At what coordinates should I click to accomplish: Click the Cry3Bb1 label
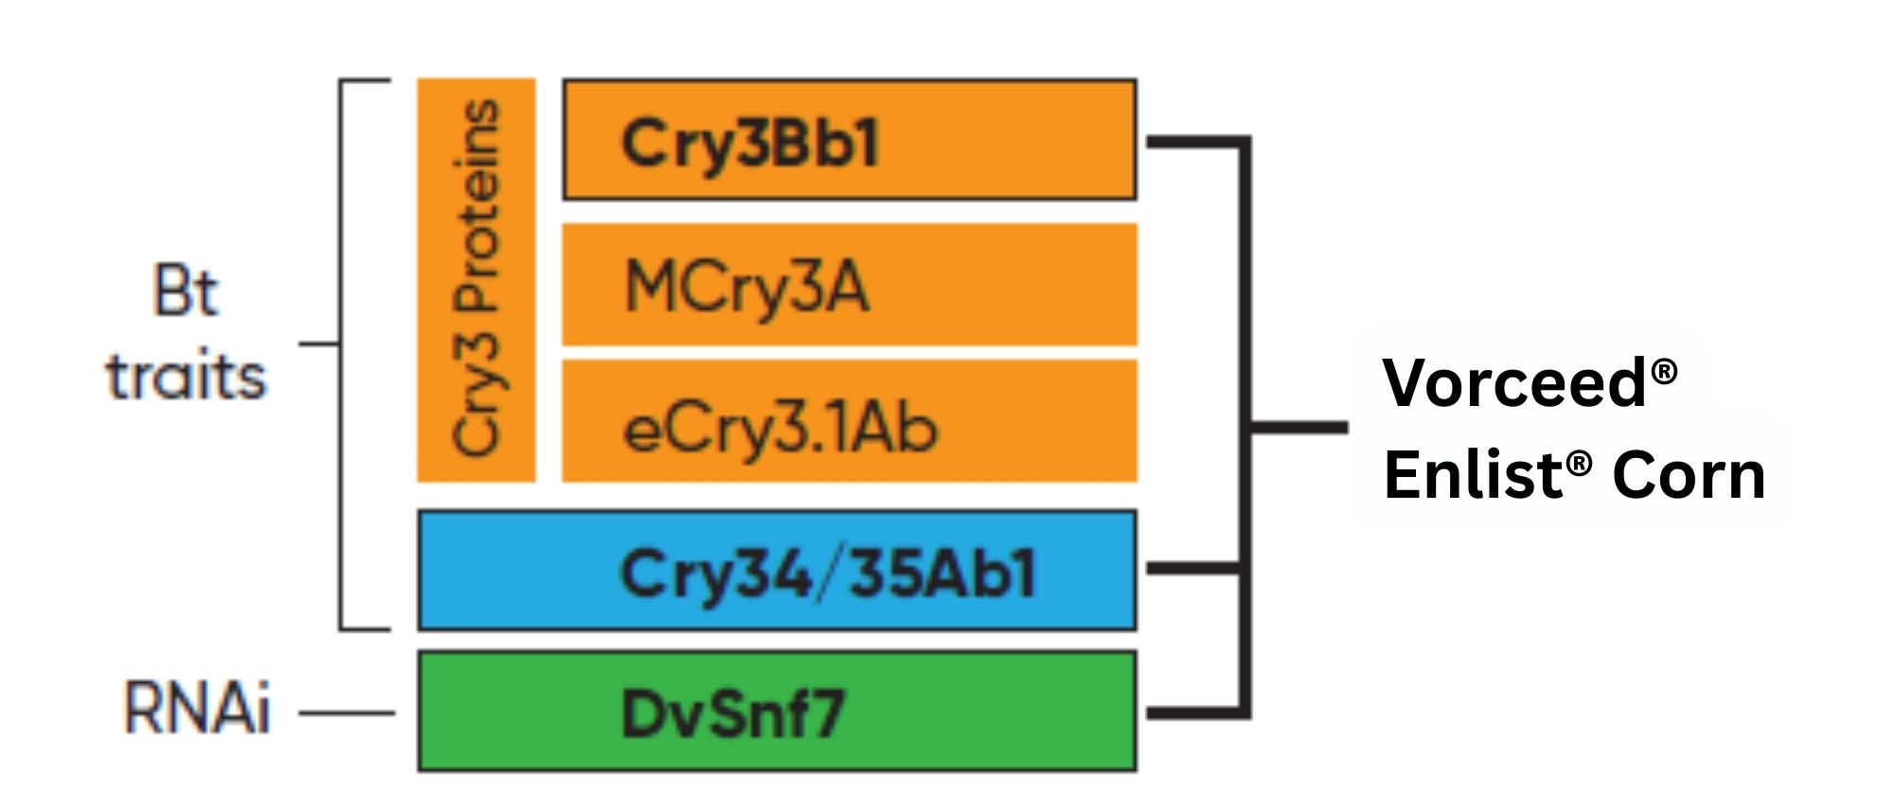click(750, 144)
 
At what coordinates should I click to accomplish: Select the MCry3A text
click(746, 287)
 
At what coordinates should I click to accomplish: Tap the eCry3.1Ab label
click(779, 429)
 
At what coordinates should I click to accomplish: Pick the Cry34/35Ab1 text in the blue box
click(827, 573)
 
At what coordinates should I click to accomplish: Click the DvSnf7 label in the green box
click(731, 714)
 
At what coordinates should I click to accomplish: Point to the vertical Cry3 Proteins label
click(476, 280)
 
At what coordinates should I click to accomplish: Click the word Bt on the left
click(186, 291)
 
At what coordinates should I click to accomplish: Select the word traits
click(186, 377)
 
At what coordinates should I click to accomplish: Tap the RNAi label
click(197, 709)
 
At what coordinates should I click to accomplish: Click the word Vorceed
click(1514, 382)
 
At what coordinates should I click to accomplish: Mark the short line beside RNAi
click(346, 713)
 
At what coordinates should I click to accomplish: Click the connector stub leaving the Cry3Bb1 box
click(1193, 142)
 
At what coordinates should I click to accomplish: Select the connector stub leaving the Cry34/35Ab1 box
click(1193, 569)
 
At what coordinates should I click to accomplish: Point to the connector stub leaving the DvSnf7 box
click(1193, 713)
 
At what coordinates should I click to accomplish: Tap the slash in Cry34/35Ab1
click(829, 573)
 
